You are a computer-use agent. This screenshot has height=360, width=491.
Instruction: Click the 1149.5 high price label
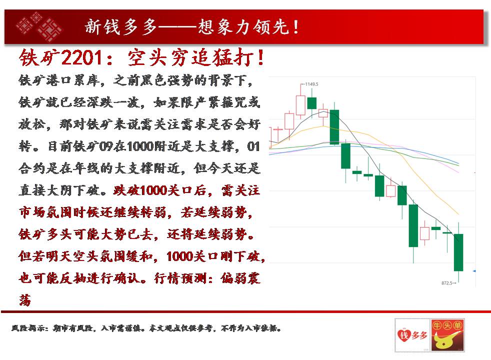click(311, 84)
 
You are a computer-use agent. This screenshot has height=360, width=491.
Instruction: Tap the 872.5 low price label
click(447, 283)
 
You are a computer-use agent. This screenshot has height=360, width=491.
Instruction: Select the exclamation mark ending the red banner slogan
click(296, 27)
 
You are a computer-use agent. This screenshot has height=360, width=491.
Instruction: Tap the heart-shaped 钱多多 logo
click(412, 335)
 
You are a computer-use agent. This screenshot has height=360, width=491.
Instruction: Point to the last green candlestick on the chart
click(458, 252)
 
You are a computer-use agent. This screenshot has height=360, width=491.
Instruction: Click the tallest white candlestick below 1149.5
click(300, 105)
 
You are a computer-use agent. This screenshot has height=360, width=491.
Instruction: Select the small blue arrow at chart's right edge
click(474, 271)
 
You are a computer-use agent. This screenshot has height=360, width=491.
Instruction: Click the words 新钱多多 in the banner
click(121, 26)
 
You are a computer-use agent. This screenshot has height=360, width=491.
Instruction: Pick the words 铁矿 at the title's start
click(40, 58)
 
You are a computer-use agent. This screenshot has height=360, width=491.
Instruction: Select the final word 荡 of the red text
click(25, 299)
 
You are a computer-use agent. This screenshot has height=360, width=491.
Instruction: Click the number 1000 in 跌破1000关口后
click(154, 190)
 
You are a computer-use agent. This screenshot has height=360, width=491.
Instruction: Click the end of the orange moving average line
click(458, 214)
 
